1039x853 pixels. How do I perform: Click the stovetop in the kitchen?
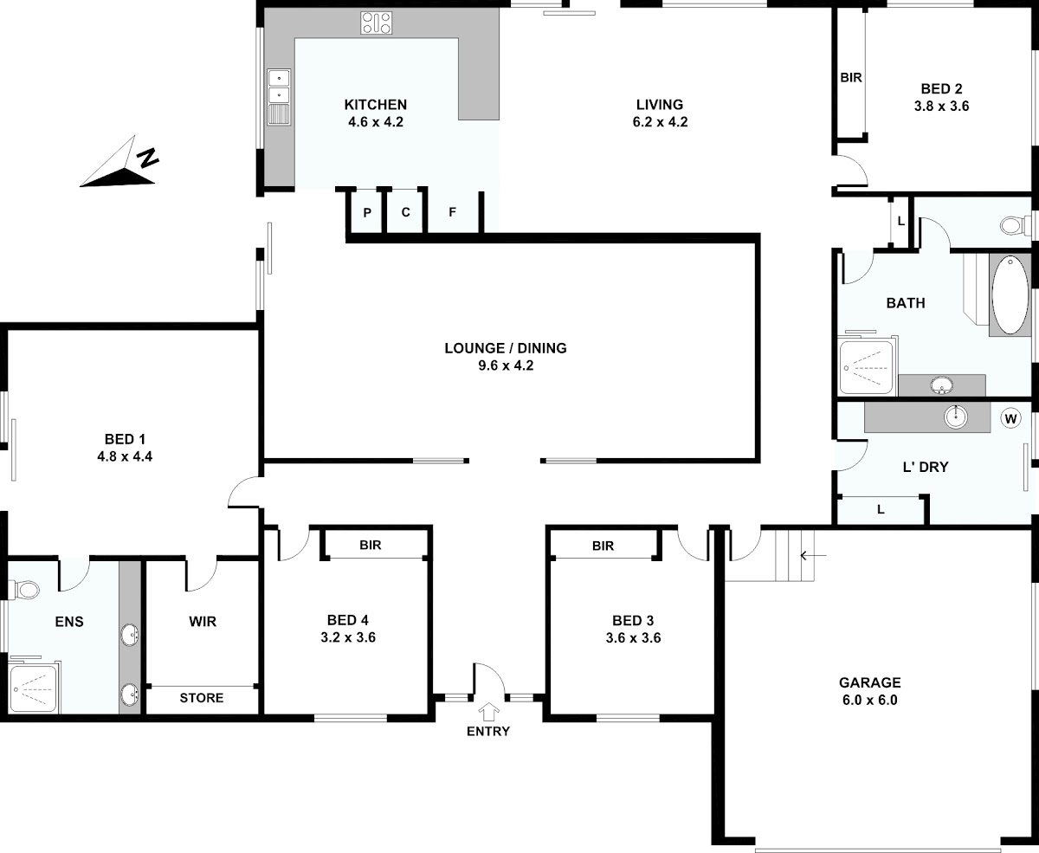click(x=376, y=23)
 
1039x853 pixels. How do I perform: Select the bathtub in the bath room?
click(x=1010, y=295)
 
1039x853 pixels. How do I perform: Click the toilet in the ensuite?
click(x=24, y=590)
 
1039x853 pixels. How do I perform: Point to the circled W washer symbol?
click(x=1010, y=419)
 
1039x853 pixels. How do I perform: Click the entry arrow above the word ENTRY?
click(x=488, y=711)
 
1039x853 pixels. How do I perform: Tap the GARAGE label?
click(x=869, y=682)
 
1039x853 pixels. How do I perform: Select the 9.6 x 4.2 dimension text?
click(x=506, y=365)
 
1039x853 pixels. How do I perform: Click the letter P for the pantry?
click(x=367, y=213)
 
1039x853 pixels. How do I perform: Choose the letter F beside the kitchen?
click(x=452, y=212)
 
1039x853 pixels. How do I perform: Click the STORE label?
click(x=202, y=698)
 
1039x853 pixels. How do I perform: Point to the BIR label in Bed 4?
click(x=370, y=545)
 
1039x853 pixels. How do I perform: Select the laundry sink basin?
click(x=955, y=417)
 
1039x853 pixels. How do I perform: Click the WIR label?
click(x=203, y=622)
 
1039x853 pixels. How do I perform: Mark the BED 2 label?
click(x=941, y=88)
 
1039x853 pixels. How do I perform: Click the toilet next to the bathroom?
click(x=1015, y=226)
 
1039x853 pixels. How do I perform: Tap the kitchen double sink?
click(x=279, y=97)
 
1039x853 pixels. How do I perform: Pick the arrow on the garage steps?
click(x=813, y=556)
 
